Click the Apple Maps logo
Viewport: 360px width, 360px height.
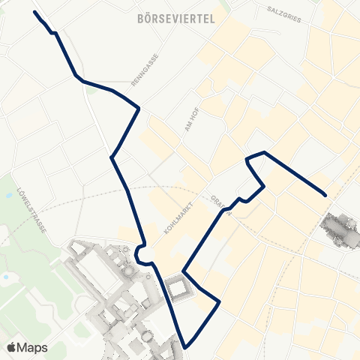(12, 346)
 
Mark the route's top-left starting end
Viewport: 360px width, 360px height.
(35, 13)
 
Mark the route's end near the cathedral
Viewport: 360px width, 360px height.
(325, 195)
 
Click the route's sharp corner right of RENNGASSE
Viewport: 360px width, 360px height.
(139, 108)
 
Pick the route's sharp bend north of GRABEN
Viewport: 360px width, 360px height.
(247, 159)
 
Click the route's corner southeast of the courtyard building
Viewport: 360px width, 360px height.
(219, 301)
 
